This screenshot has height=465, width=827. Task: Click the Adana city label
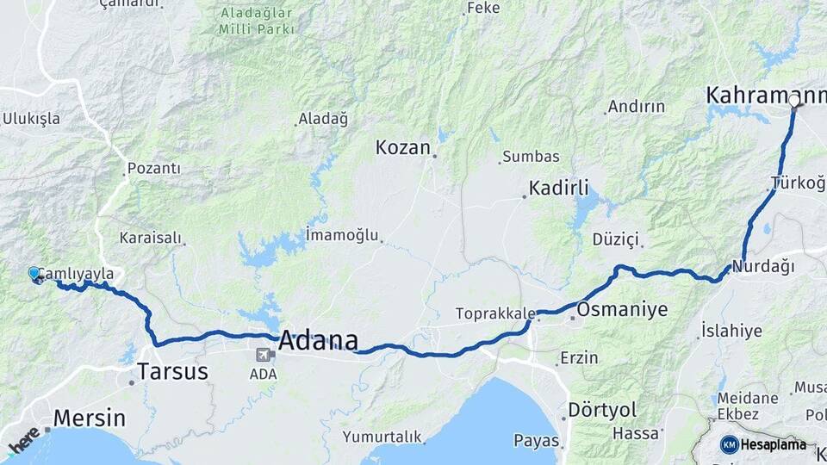(x=318, y=341)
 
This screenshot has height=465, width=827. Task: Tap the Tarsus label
(x=172, y=372)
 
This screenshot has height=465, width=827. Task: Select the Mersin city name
(x=89, y=418)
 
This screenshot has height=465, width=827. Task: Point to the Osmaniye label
(x=623, y=310)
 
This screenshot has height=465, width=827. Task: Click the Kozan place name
(x=402, y=148)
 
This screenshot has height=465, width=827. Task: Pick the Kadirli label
(x=558, y=188)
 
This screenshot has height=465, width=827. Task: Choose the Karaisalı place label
(x=152, y=237)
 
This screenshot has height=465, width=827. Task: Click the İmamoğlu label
(x=342, y=233)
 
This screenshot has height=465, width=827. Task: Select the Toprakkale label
(x=495, y=313)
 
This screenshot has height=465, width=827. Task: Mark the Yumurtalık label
(x=382, y=437)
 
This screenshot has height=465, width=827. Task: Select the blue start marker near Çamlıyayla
(x=34, y=273)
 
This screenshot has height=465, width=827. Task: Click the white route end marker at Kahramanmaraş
(x=794, y=101)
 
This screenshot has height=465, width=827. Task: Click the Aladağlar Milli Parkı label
(x=257, y=22)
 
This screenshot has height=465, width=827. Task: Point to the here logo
(x=23, y=440)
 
